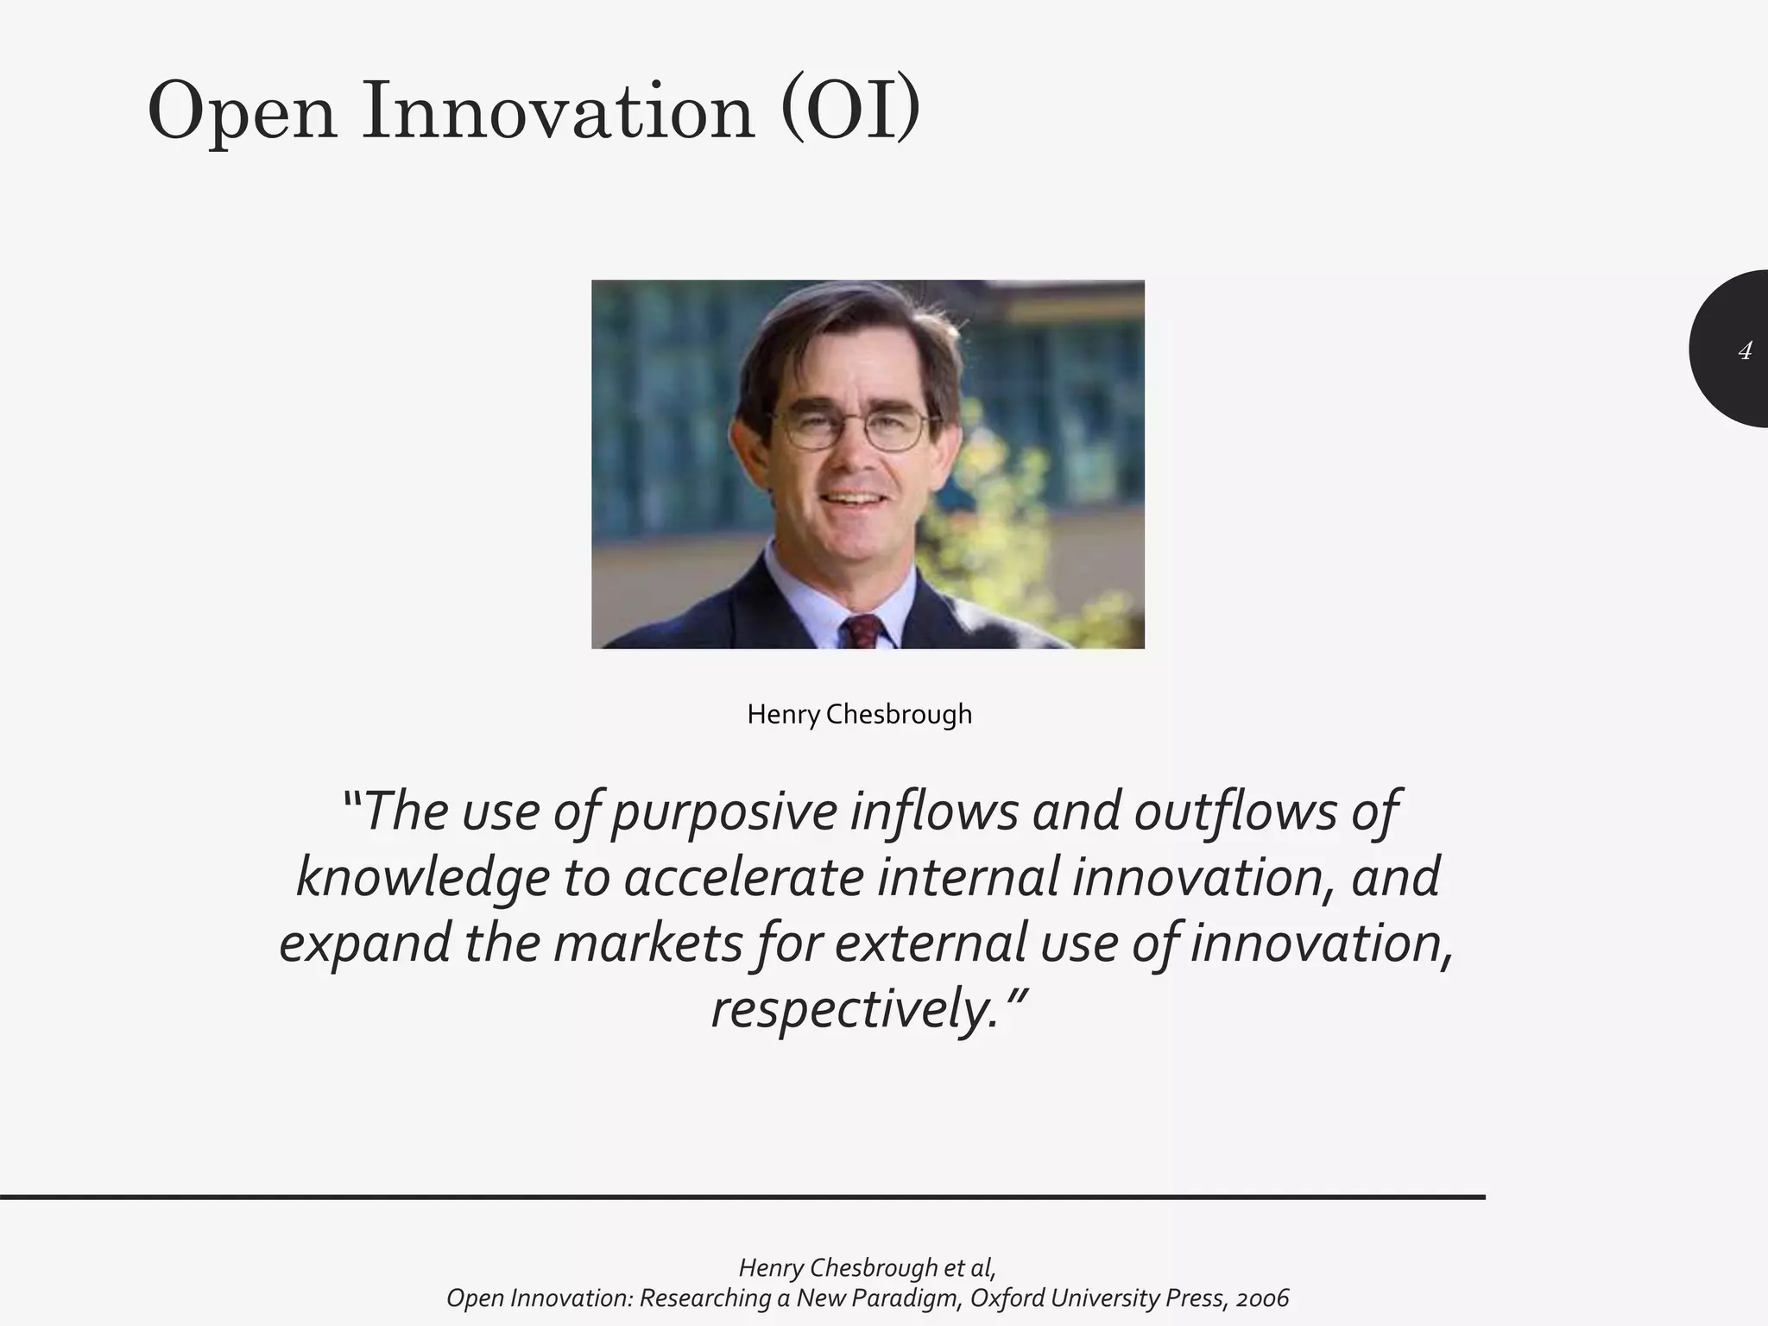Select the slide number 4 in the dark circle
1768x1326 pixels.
click(x=1745, y=350)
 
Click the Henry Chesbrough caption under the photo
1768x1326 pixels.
click(x=859, y=715)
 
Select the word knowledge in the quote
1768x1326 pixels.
click(x=422, y=879)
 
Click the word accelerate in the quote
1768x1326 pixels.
click(x=743, y=879)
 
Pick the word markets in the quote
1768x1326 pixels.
click(x=647, y=944)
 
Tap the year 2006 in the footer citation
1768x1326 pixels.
click(x=1261, y=1298)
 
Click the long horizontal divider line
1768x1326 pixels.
click(x=742, y=1197)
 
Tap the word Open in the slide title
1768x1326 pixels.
click(x=242, y=112)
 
